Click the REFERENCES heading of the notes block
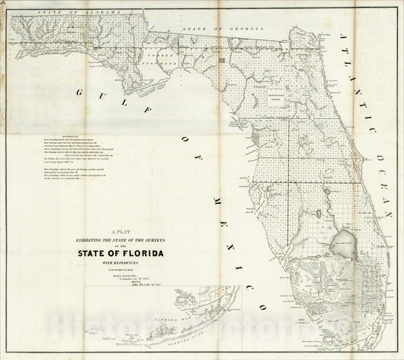pos(56,139)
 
